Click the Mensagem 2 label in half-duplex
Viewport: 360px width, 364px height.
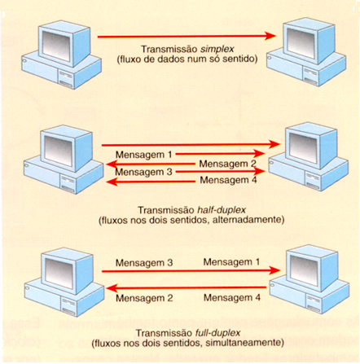coord(229,163)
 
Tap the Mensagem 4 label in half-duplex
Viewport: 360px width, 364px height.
coord(229,181)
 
